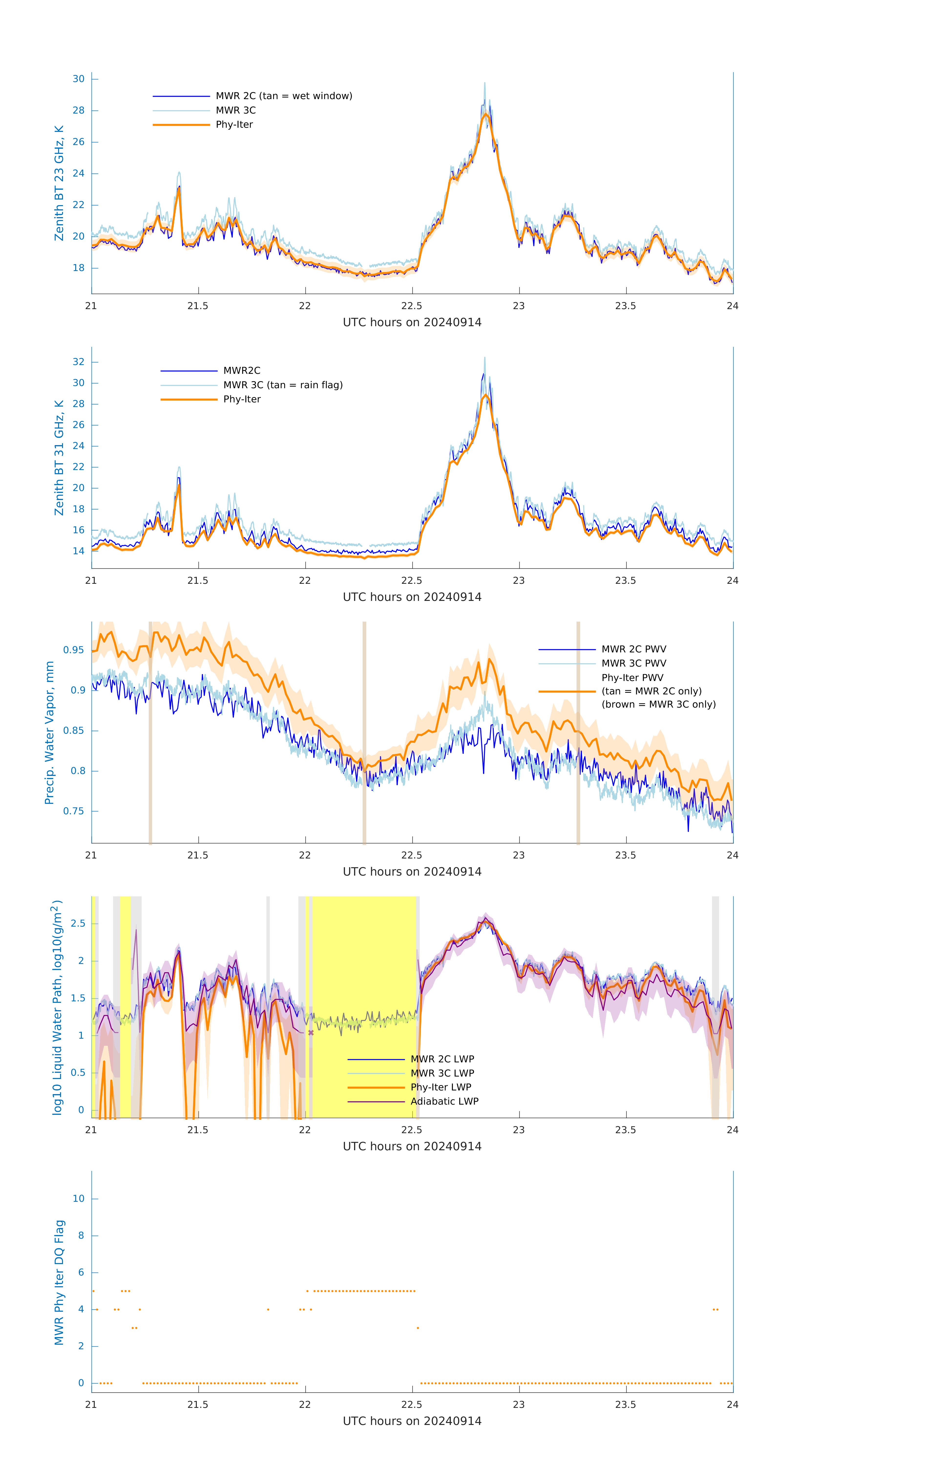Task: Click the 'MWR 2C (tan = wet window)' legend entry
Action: pyautogui.click(x=283, y=96)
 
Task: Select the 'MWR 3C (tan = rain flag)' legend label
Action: pyautogui.click(x=283, y=385)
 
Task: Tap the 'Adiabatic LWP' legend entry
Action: pyautogui.click(x=444, y=1101)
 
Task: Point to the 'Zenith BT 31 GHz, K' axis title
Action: pyautogui.click(x=59, y=458)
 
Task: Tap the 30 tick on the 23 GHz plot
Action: pyautogui.click(x=78, y=79)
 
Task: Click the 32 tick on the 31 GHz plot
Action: pyautogui.click(x=78, y=362)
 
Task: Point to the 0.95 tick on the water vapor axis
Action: pyautogui.click(x=74, y=650)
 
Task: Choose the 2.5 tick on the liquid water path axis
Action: pyautogui.click(x=78, y=923)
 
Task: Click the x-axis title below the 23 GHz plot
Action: pyautogui.click(x=412, y=323)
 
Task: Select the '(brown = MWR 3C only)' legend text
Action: pyautogui.click(x=658, y=704)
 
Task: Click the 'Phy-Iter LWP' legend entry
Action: pyautogui.click(x=441, y=1087)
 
